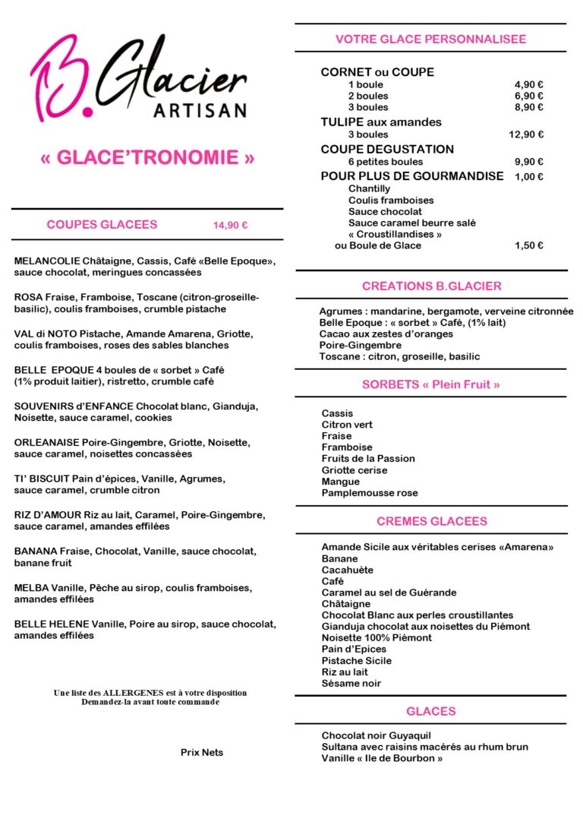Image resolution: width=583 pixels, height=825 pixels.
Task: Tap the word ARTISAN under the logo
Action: (x=200, y=111)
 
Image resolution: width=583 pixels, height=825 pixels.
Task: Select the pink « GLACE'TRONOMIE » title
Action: (x=147, y=158)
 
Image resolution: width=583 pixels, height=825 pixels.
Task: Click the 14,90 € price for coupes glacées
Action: (x=231, y=225)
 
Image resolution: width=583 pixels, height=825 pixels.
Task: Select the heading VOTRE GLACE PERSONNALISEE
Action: (x=430, y=39)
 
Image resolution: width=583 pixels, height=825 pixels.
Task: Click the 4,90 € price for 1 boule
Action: (x=529, y=84)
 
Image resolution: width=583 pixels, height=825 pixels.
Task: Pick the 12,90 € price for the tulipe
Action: (x=526, y=134)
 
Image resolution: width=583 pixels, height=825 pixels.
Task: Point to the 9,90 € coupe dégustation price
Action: (x=529, y=161)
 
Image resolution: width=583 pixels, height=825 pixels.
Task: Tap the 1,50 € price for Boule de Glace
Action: (x=529, y=245)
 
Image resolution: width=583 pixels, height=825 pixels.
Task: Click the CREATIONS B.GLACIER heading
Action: (x=431, y=286)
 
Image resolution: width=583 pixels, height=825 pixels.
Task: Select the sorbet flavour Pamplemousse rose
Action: (x=370, y=493)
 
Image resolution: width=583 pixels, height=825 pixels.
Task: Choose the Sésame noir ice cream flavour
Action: (x=351, y=683)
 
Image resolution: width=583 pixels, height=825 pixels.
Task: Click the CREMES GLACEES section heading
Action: (x=431, y=521)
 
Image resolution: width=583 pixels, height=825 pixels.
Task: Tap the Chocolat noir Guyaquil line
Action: (x=377, y=735)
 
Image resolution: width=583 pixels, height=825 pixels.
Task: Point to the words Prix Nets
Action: (x=202, y=752)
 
